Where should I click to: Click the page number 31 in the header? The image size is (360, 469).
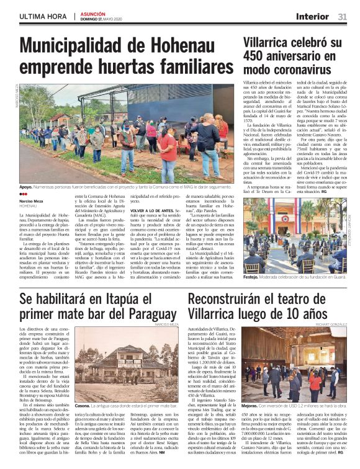(342, 17)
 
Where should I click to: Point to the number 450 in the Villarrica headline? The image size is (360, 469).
(258, 56)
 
